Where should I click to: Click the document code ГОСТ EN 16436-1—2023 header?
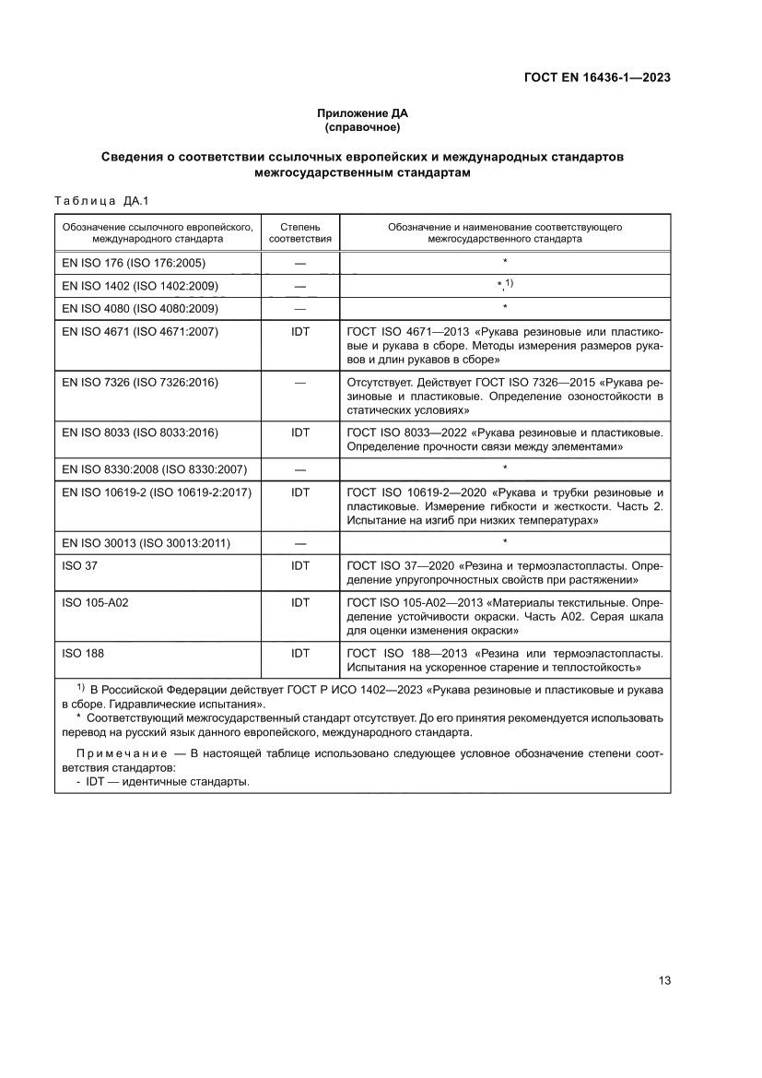[x=596, y=77]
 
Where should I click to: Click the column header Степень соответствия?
[x=299, y=231]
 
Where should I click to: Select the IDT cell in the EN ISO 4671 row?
[x=299, y=331]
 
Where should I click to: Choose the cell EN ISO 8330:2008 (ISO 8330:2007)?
[x=154, y=469]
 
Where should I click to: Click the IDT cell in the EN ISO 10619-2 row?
[x=299, y=492]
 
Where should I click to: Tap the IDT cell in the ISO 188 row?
[x=299, y=653]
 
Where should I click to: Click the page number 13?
[x=663, y=980]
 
